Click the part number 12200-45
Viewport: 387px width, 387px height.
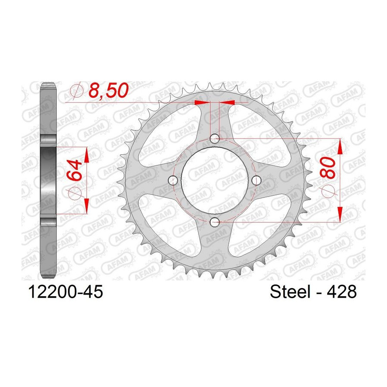tap(65, 292)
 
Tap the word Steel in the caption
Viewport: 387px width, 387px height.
tap(290, 292)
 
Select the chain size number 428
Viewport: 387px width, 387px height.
tap(341, 292)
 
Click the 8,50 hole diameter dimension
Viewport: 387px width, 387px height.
tap(109, 90)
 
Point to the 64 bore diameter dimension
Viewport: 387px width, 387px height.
tap(74, 170)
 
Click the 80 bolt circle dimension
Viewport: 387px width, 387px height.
tap(328, 167)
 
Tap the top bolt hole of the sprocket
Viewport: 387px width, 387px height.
tap(215, 138)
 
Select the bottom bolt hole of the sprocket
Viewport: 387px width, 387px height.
tap(215, 222)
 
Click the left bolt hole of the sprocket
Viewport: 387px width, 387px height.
tap(172, 181)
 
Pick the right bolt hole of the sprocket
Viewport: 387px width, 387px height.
tap(256, 181)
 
